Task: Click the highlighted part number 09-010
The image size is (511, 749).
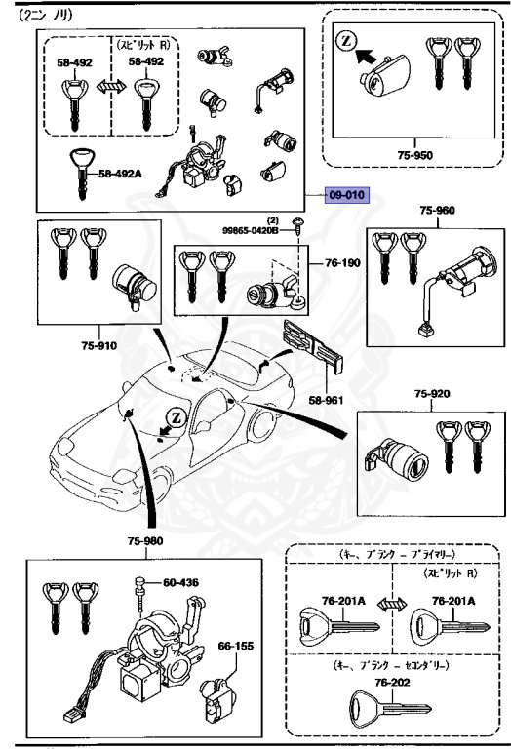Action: click(345, 195)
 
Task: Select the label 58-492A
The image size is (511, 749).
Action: click(120, 175)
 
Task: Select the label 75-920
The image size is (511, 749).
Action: click(432, 395)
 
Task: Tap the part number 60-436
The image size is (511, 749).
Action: click(180, 583)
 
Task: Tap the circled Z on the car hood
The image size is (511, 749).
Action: click(176, 416)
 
